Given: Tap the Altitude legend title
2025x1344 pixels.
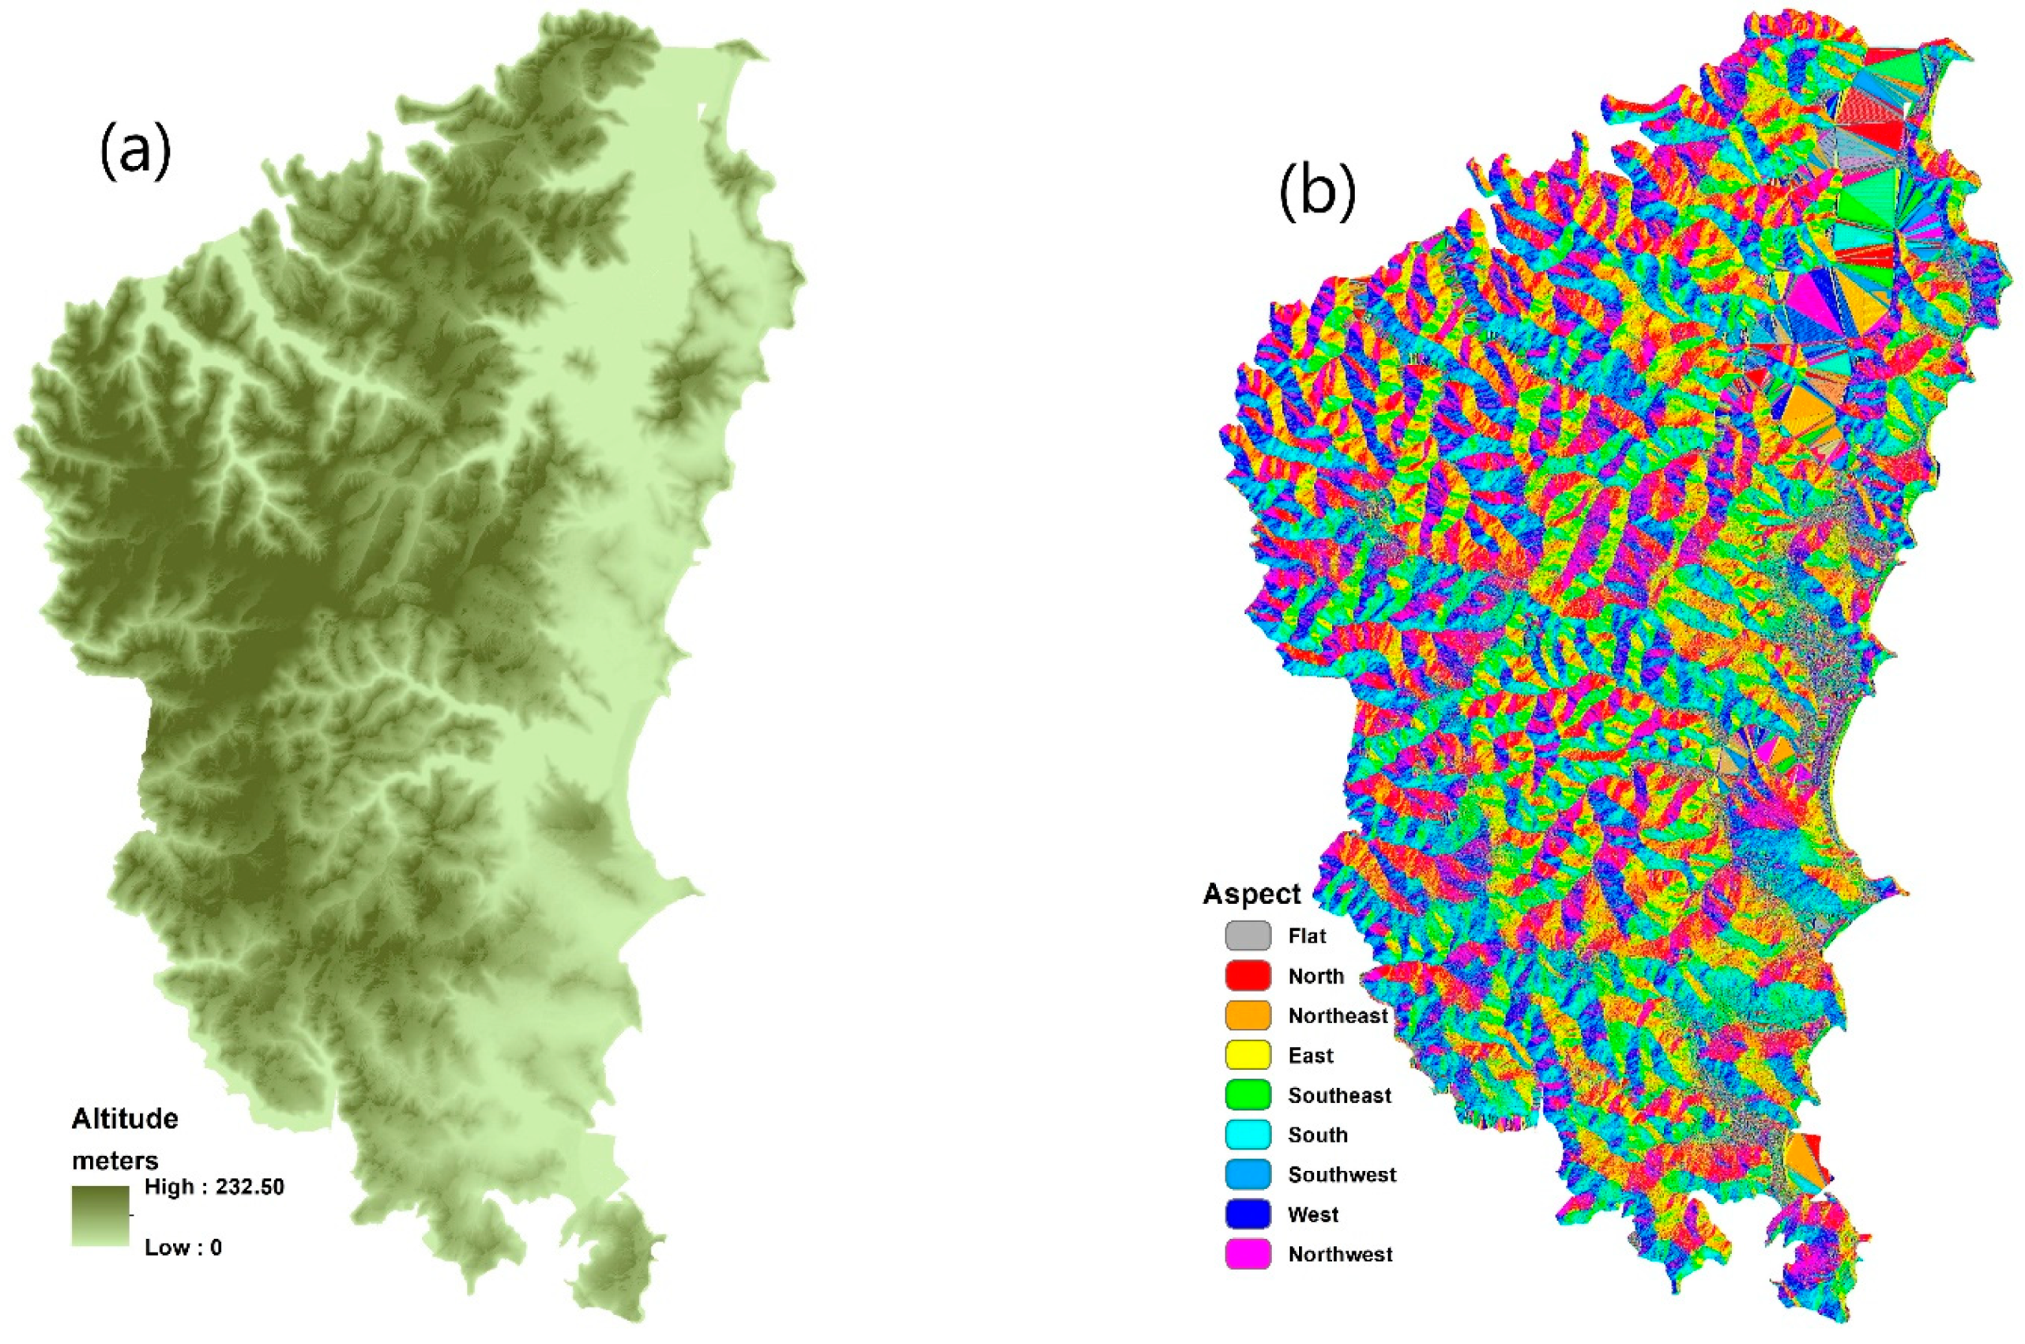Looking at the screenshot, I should pyautogui.click(x=125, y=1119).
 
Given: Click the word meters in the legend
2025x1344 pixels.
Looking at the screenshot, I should pyautogui.click(x=115, y=1161).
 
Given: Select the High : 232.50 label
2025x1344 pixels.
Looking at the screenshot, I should pyautogui.click(x=214, y=1187).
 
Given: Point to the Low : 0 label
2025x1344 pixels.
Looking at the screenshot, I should pyautogui.click(x=183, y=1247).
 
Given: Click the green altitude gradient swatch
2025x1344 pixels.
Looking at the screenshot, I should pyautogui.click(x=100, y=1215).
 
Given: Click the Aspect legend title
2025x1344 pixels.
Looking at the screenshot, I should pyautogui.click(x=1252, y=894).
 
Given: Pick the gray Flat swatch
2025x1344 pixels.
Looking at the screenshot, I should pyautogui.click(x=1248, y=936).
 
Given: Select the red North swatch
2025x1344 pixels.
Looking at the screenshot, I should pyautogui.click(x=1248, y=977).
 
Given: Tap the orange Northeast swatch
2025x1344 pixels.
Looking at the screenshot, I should pyautogui.click(x=1248, y=1016).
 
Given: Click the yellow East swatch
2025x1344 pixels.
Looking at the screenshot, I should pyautogui.click(x=1248, y=1055).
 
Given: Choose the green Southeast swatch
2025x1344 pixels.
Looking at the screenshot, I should pyautogui.click(x=1248, y=1095).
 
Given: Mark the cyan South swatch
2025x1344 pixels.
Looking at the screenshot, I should pyautogui.click(x=1248, y=1135).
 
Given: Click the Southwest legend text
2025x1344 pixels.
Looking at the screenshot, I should pyautogui.click(x=1342, y=1175).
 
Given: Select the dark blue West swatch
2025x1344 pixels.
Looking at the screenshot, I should pyautogui.click(x=1248, y=1214).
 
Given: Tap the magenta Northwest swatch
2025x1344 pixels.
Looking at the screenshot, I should pyautogui.click(x=1248, y=1254).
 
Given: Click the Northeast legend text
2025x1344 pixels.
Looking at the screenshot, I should pyautogui.click(x=1338, y=1016).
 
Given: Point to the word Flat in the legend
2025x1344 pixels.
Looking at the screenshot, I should pyautogui.click(x=1307, y=936).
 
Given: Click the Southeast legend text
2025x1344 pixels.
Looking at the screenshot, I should pyautogui.click(x=1339, y=1095).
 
